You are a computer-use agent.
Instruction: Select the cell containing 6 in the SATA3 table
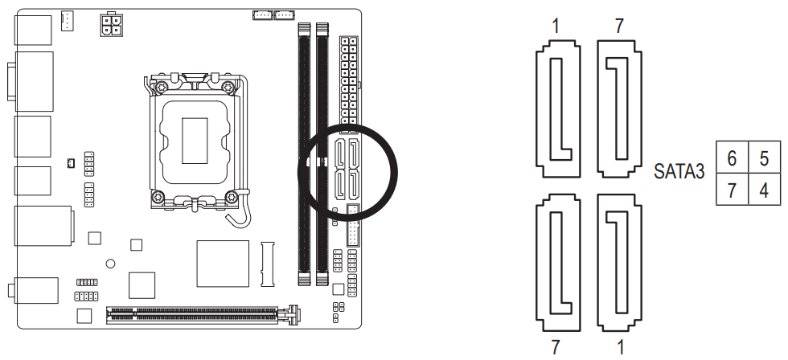pos(732,157)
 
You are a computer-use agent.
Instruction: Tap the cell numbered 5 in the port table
pos(763,157)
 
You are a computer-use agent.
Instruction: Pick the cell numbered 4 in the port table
pos(763,189)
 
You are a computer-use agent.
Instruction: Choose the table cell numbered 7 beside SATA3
pos(732,189)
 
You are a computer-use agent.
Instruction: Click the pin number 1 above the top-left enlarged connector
pos(555,27)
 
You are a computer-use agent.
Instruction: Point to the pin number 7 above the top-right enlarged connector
pos(618,27)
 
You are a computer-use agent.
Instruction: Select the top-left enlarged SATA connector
pos(556,108)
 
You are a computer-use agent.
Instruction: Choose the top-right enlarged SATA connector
pos(618,108)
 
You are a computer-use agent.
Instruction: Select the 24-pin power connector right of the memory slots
pos(348,80)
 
